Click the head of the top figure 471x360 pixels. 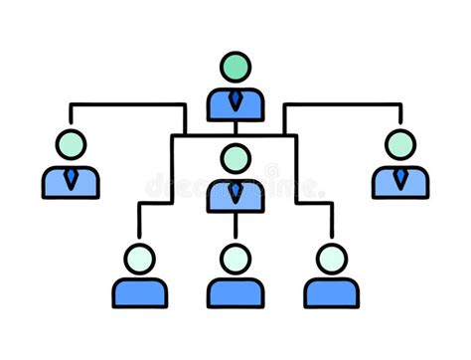tap(235, 67)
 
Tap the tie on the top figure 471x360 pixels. tap(235, 100)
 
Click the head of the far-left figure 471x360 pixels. tap(71, 144)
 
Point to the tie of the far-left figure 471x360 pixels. tap(71, 178)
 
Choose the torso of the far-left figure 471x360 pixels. tap(55, 183)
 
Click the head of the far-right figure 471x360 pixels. tap(399, 144)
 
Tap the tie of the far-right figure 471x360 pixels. tap(399, 178)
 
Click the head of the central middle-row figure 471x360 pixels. tap(235, 158)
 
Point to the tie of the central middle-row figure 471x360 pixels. tap(235, 191)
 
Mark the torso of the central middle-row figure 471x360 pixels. tap(220, 197)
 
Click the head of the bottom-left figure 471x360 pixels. tap(140, 259)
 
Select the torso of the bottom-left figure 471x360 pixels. tap(140, 292)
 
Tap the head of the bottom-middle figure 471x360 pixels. tap(235, 259)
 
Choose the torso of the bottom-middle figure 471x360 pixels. tap(235, 292)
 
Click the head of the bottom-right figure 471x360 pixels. tap(331, 259)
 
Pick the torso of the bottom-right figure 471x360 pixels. tap(331, 292)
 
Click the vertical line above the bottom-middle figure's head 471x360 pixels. tap(235, 229)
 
